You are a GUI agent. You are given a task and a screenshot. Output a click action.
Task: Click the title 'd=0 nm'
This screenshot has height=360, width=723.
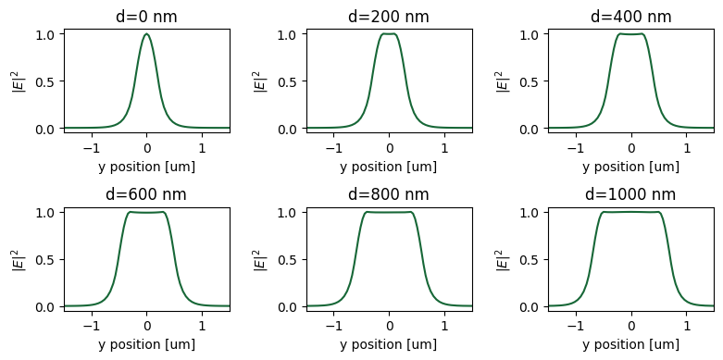(x=146, y=17)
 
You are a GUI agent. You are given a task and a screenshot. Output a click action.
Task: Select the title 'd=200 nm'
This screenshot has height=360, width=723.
(x=389, y=17)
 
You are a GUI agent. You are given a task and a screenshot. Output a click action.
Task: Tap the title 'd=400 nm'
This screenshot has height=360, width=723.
(x=630, y=17)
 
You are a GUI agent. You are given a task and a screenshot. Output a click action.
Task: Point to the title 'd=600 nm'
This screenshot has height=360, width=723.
(x=146, y=194)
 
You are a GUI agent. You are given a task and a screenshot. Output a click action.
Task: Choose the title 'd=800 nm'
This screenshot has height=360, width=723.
(x=389, y=194)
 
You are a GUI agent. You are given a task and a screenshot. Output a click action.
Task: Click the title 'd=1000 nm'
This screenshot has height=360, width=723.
(x=630, y=194)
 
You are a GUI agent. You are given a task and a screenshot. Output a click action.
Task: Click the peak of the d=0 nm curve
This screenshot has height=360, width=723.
(x=146, y=34)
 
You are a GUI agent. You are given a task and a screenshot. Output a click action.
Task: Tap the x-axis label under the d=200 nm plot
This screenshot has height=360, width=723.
(x=389, y=167)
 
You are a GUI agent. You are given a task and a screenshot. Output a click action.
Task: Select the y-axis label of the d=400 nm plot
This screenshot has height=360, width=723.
(x=503, y=81)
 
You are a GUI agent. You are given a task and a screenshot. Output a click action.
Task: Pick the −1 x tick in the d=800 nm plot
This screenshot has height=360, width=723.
(x=333, y=325)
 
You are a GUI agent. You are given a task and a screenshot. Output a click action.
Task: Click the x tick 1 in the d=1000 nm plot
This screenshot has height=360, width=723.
(x=686, y=325)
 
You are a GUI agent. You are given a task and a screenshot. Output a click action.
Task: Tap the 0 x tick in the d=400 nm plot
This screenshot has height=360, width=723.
(x=631, y=147)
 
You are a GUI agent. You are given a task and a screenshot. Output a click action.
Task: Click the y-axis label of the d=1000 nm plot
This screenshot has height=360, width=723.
(x=503, y=259)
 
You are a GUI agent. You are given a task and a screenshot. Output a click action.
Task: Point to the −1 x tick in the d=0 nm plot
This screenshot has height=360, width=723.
(x=91, y=147)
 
